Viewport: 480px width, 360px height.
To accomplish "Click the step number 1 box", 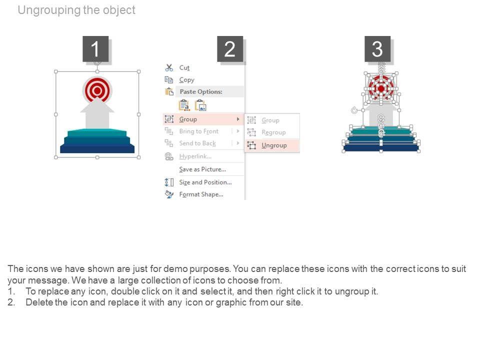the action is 95,49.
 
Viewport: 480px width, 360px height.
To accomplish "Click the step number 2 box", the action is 230,49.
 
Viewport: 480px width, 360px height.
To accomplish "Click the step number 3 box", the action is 377,49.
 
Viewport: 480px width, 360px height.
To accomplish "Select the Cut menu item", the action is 184,67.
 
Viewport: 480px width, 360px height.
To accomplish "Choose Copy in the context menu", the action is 186,80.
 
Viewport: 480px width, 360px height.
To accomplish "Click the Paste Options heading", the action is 201,91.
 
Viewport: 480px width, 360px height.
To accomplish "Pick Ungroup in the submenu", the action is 274,145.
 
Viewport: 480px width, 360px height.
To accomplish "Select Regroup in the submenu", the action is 273,132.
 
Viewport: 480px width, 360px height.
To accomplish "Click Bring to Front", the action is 198,131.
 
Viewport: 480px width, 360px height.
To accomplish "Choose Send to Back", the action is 197,143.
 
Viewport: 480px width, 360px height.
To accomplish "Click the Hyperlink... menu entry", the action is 195,156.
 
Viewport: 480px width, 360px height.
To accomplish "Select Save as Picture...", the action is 202,169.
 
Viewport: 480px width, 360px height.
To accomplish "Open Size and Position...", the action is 205,182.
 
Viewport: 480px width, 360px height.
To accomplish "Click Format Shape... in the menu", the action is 201,194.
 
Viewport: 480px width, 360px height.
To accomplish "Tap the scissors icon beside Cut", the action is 169,67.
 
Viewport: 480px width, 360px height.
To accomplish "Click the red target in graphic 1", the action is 97,90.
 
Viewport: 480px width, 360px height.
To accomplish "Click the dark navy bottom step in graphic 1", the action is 97,148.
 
